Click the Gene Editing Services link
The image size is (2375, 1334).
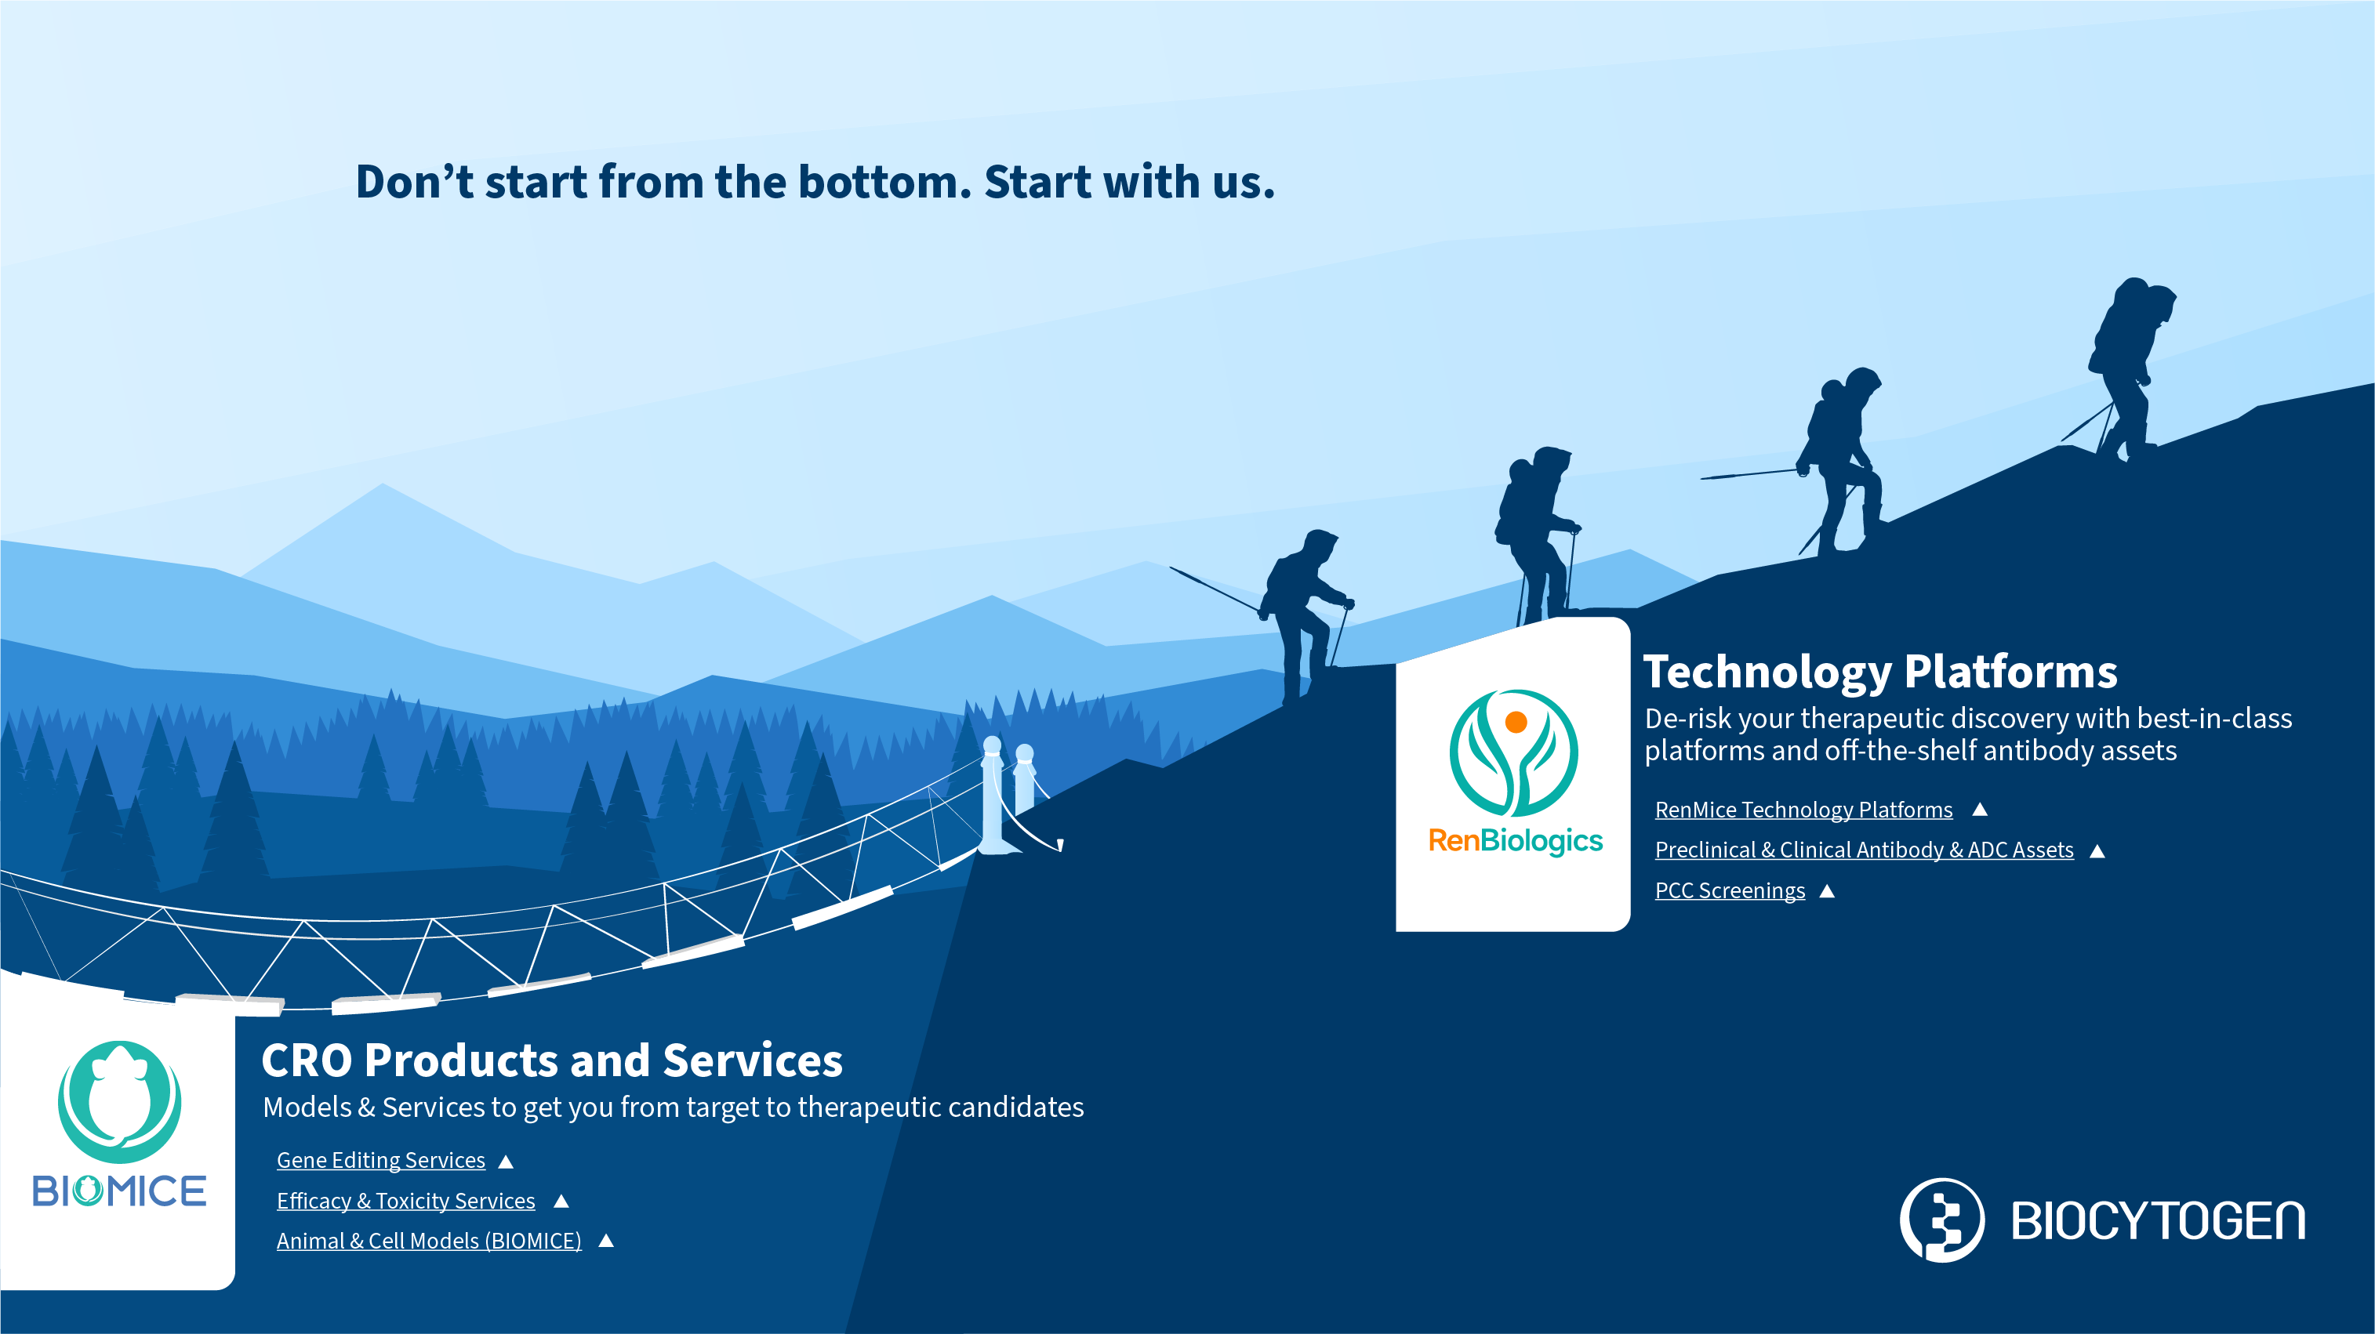(381, 1160)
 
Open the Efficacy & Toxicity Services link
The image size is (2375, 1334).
(405, 1200)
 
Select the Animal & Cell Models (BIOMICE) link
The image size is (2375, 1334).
(429, 1241)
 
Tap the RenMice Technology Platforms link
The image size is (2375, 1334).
(1803, 810)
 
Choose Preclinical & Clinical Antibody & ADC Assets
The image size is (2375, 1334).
(1865, 850)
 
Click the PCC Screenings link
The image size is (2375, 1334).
(1730, 890)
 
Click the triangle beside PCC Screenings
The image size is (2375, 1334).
(1828, 890)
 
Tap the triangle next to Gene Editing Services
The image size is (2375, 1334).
(505, 1162)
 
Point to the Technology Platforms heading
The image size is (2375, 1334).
(1880, 671)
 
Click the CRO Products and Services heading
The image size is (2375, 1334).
(551, 1060)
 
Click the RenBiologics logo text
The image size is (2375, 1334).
(1515, 842)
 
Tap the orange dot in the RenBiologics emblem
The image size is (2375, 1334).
(1516, 722)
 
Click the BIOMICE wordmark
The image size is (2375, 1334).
(119, 1191)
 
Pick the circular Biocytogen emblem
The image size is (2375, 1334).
(1941, 1220)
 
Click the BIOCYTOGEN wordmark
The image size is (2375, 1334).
(2157, 1220)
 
